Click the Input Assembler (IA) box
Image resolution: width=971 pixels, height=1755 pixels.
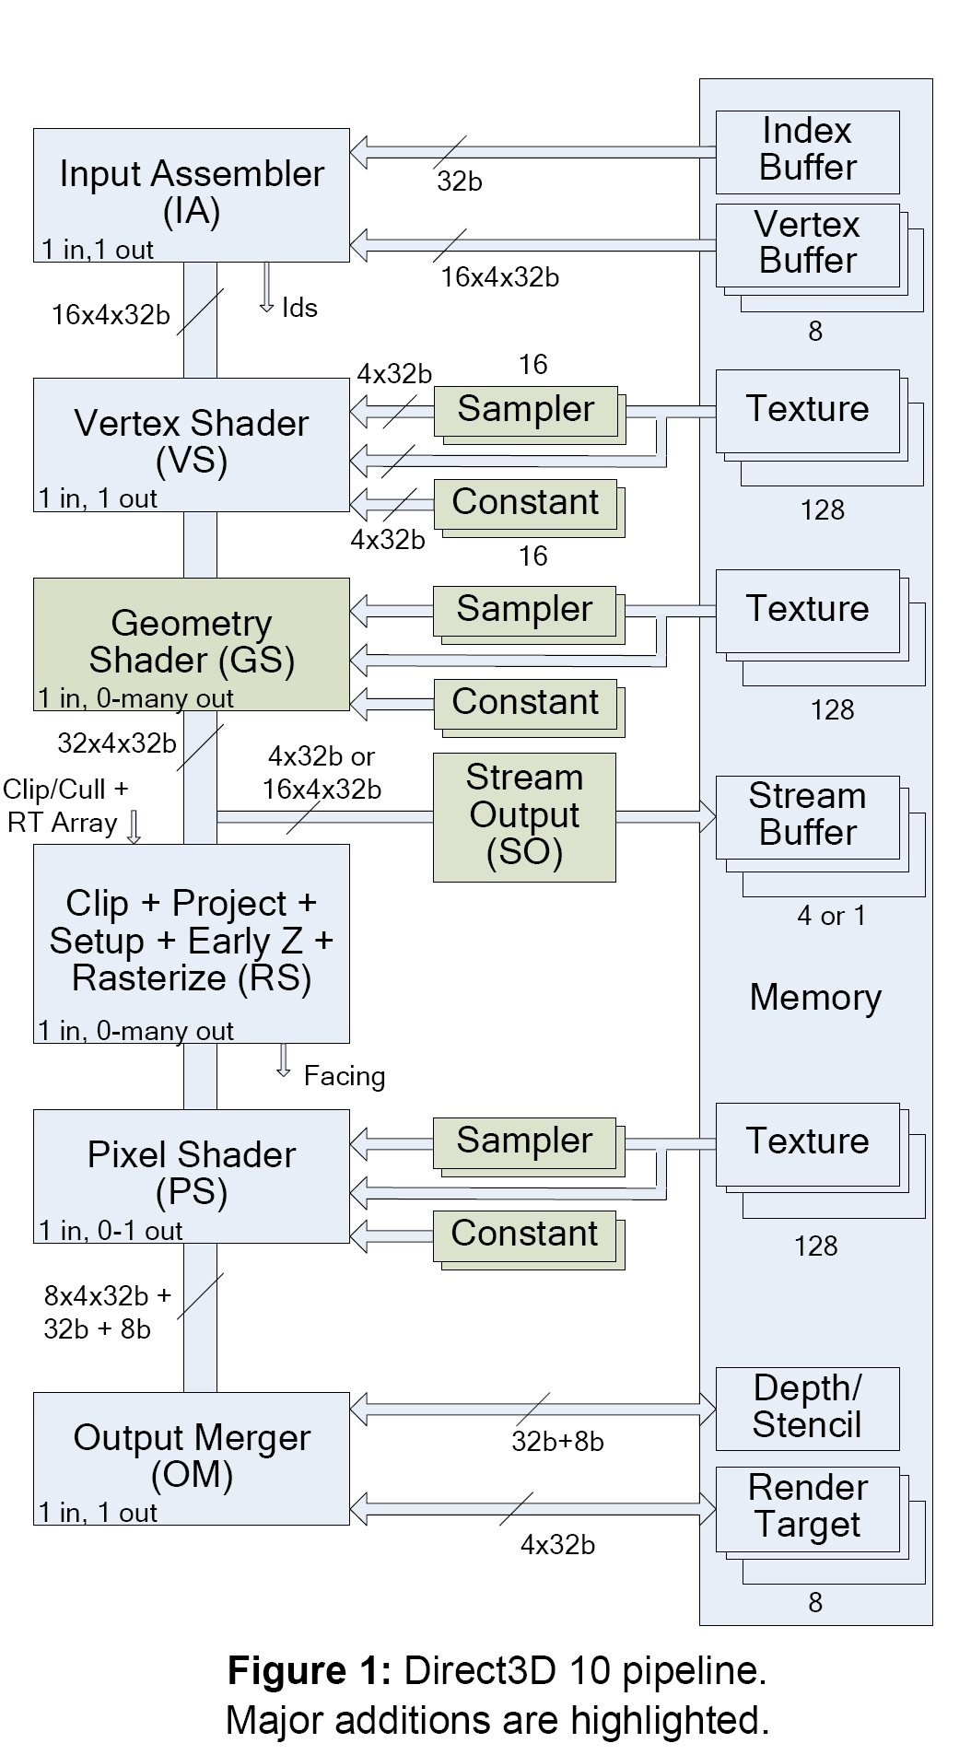click(x=191, y=194)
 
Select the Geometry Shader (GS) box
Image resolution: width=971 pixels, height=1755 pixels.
click(x=191, y=643)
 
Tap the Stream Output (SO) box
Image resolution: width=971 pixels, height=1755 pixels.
click(x=524, y=816)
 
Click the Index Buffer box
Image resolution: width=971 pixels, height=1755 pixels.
click(x=807, y=151)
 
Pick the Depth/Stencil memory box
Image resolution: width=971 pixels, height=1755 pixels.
click(x=807, y=1408)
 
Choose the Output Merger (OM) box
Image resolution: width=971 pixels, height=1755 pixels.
click(x=191, y=1457)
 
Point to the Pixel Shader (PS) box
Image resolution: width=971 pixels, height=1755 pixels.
click(x=191, y=1175)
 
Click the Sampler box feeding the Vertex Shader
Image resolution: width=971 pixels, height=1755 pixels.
click(x=525, y=410)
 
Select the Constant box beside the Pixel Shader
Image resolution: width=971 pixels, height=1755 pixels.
click(x=524, y=1234)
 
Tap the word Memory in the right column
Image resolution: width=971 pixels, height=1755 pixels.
click(x=815, y=998)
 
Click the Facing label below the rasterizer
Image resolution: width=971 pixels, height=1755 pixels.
click(x=345, y=1076)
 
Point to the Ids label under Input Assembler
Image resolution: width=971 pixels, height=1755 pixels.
click(x=299, y=308)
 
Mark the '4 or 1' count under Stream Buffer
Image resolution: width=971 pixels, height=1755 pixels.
click(x=831, y=916)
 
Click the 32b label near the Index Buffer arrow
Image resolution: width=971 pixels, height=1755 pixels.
click(x=459, y=181)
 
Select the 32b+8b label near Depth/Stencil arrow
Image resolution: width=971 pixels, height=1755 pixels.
click(x=557, y=1442)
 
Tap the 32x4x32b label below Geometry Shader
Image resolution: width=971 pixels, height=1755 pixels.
click(x=116, y=743)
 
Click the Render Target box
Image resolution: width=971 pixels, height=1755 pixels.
click(x=807, y=1508)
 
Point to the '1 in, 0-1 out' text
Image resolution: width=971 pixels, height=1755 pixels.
click(x=111, y=1231)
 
